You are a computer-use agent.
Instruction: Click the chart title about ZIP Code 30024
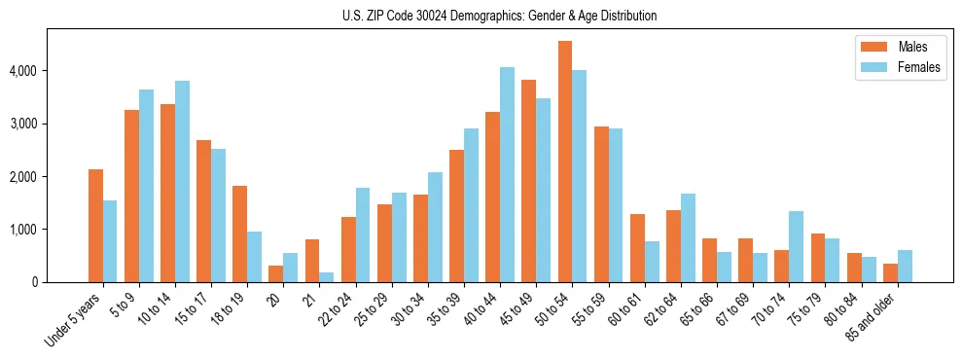(499, 16)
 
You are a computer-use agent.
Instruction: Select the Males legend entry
(900, 47)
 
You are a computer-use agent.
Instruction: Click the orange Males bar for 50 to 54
(565, 162)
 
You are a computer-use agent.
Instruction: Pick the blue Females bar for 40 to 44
(507, 174)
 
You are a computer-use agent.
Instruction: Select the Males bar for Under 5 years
(95, 226)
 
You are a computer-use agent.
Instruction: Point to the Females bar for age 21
(326, 277)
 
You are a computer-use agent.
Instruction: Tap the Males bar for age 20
(275, 273)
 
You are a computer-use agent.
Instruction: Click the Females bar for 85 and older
(905, 266)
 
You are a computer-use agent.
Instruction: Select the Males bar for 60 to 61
(637, 248)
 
